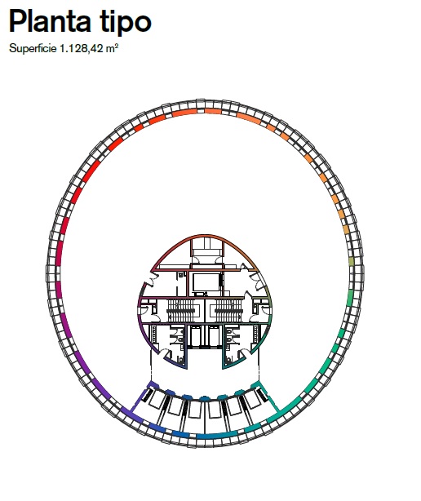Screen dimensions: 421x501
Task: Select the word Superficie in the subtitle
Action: coord(33,49)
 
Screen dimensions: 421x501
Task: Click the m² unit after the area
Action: coord(112,48)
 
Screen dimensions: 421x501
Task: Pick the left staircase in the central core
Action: coord(180,310)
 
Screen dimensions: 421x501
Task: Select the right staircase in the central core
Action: coord(228,310)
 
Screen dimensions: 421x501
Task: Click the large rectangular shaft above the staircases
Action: coord(206,282)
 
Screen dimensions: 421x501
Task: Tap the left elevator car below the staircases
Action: coord(196,336)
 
